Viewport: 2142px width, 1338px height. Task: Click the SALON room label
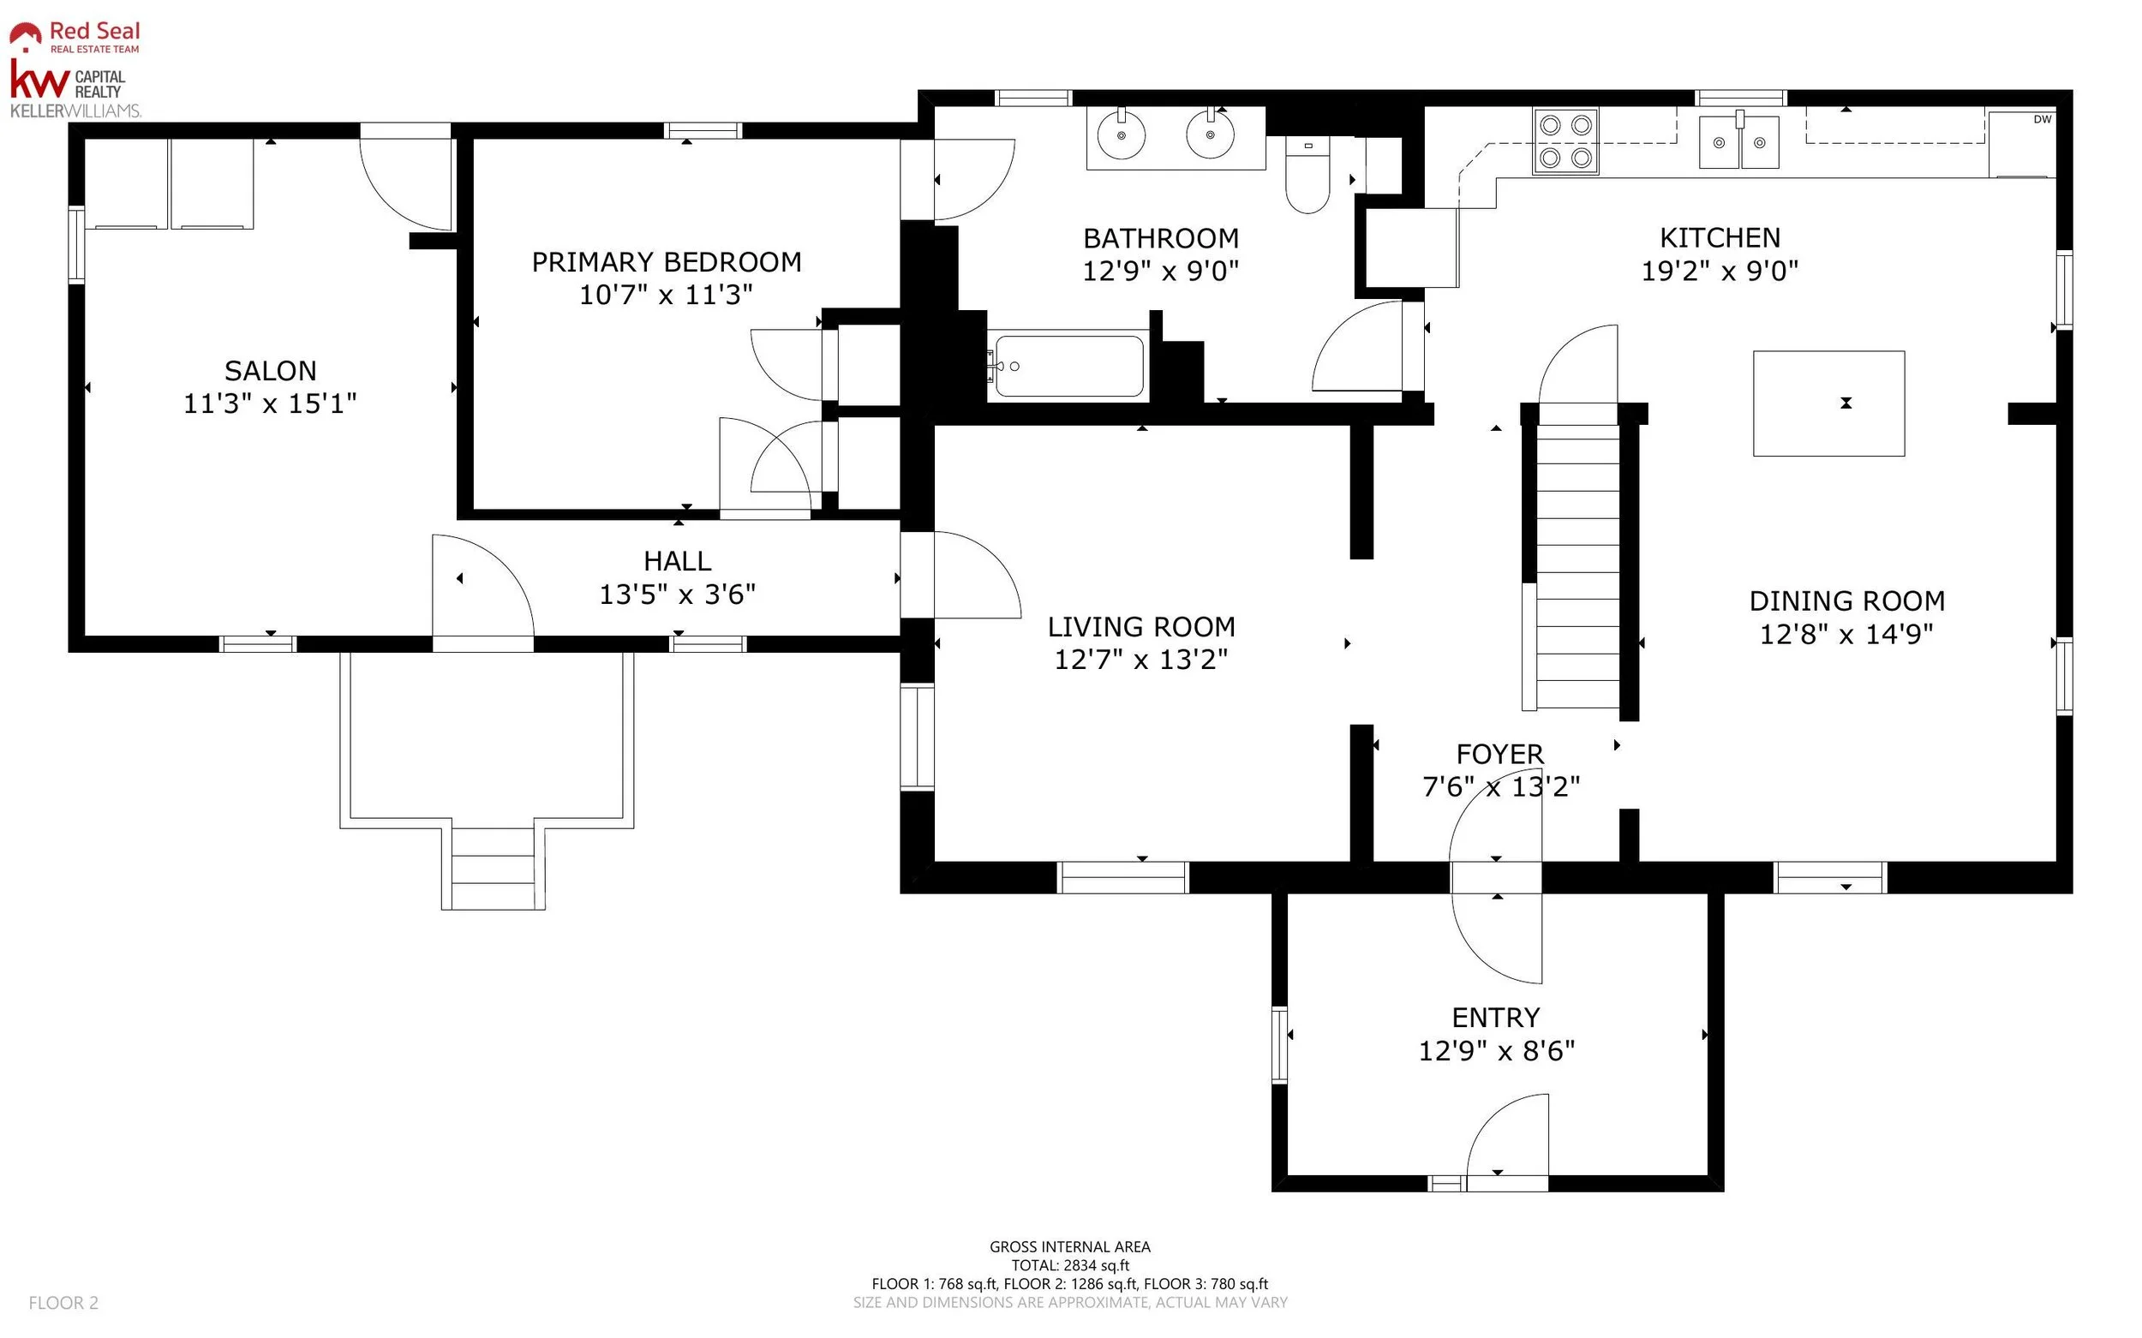[x=270, y=371]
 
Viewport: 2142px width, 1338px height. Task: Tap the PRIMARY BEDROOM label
[x=667, y=262]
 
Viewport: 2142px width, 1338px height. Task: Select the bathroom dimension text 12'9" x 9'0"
[x=1160, y=271]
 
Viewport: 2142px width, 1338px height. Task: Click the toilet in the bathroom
[x=1307, y=175]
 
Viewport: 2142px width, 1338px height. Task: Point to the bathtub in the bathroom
[x=1068, y=366]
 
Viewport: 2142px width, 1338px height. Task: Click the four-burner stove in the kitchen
[x=1565, y=140]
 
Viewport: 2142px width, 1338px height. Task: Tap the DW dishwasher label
[x=2042, y=119]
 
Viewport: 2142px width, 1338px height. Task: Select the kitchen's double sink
[x=1738, y=141]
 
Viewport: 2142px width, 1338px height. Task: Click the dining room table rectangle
[x=1828, y=403]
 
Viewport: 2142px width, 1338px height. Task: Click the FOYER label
[x=1499, y=754]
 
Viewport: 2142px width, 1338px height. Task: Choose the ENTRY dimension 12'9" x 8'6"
[x=1497, y=1050]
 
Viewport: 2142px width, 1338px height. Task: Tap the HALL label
[x=677, y=561]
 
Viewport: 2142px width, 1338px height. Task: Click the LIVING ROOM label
[x=1141, y=626]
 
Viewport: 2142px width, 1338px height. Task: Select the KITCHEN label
[x=1720, y=237]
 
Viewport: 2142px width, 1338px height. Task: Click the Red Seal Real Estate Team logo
[x=75, y=36]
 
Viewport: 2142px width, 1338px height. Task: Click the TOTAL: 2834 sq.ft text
[x=1070, y=1265]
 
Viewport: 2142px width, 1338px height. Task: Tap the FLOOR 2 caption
[x=63, y=1303]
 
